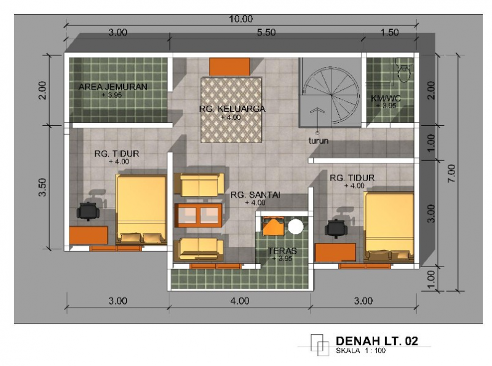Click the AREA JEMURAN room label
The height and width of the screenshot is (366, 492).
[x=113, y=87]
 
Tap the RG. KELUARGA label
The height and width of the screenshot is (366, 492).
[x=232, y=109]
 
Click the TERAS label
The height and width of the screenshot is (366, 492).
[x=282, y=251]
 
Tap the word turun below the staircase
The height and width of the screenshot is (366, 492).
[x=319, y=141]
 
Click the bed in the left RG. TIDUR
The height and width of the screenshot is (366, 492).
[x=141, y=209]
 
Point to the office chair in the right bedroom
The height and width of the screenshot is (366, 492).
[x=336, y=228]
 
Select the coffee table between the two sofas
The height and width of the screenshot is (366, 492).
[x=198, y=215]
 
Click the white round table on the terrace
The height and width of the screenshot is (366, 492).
[x=296, y=227]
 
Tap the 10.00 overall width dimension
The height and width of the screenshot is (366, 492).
[x=240, y=19]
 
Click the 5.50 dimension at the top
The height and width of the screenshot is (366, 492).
[x=266, y=33]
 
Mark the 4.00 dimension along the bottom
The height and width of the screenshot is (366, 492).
[x=240, y=301]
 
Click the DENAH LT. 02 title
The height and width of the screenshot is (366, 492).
[x=377, y=341]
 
